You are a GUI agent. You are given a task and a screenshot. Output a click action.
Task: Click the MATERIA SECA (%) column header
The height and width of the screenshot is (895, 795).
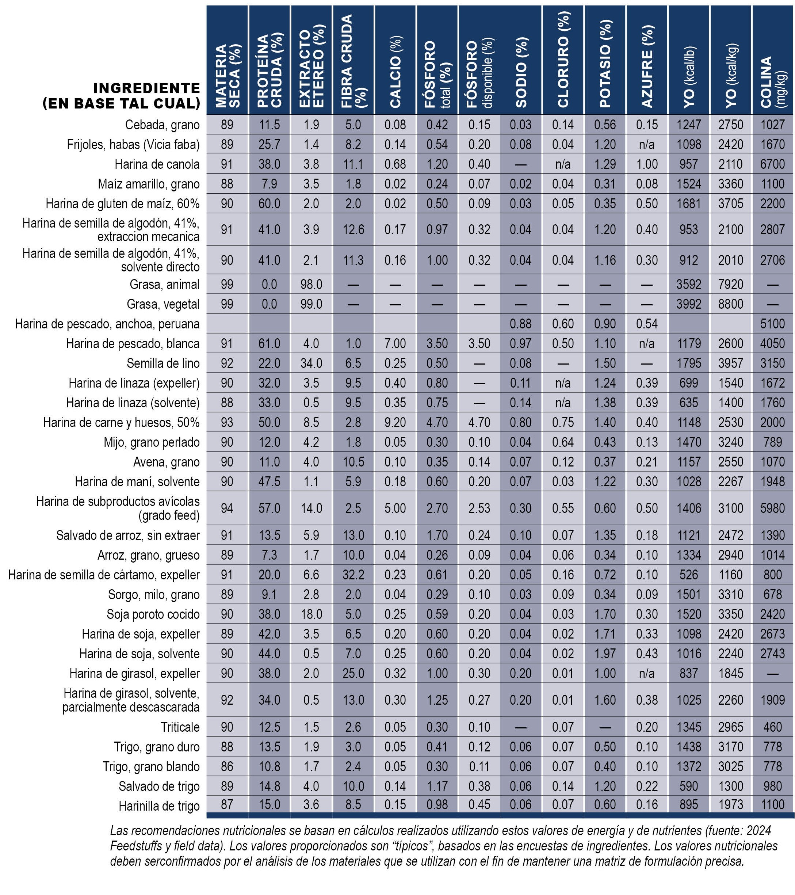(x=228, y=76)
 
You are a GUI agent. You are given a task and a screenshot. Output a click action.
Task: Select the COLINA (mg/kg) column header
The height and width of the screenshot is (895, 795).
(x=773, y=82)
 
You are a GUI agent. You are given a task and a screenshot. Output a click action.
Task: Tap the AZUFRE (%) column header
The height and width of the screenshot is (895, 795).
(x=647, y=66)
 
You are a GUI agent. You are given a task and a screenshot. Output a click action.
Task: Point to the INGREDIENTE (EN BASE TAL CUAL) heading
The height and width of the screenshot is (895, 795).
(x=121, y=95)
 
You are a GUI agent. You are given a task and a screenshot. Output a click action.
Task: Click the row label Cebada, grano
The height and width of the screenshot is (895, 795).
(x=163, y=125)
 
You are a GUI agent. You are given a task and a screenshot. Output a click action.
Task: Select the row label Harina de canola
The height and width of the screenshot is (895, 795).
(x=157, y=164)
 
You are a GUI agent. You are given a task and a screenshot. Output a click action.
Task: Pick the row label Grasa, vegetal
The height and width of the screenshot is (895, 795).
(x=163, y=304)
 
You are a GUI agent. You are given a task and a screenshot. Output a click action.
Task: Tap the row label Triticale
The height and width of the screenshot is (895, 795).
(x=180, y=727)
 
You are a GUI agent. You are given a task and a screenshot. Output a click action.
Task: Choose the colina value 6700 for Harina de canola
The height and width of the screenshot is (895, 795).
(x=773, y=164)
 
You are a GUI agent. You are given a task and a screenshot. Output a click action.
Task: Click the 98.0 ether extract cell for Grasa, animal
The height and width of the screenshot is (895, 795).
(x=311, y=284)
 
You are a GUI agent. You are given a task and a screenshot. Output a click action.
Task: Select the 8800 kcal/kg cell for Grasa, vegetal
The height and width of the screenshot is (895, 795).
(x=731, y=304)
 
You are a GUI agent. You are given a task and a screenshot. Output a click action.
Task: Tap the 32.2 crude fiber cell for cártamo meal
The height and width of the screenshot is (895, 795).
(x=353, y=575)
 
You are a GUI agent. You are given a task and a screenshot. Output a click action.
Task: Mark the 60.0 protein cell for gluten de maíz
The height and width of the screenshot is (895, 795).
(x=269, y=203)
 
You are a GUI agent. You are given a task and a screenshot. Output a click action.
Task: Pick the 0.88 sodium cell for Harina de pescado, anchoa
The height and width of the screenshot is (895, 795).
(x=520, y=324)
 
